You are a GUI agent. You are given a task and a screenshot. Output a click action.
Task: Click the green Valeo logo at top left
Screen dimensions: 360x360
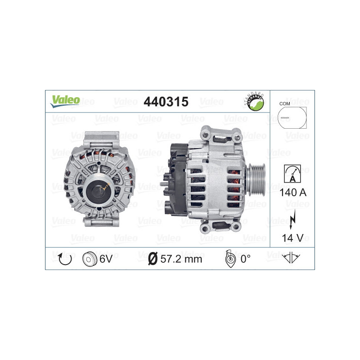65,100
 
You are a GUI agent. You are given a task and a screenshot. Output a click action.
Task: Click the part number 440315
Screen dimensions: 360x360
165,102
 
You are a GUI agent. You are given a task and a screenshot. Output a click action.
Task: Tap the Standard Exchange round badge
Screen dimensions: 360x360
253,102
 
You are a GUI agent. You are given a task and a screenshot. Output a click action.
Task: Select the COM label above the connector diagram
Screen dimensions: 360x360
284,103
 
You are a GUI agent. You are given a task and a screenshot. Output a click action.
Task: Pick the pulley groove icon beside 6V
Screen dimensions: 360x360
89,258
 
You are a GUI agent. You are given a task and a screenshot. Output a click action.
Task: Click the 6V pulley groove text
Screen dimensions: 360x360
106,258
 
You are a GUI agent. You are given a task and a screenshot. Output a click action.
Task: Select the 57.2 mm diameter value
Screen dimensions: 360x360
181,259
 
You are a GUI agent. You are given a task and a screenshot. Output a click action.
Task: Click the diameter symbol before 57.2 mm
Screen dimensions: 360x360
152,259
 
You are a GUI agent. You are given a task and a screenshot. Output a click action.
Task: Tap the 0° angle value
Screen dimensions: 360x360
245,259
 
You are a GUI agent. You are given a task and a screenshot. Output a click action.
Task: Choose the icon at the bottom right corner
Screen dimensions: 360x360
292,258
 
